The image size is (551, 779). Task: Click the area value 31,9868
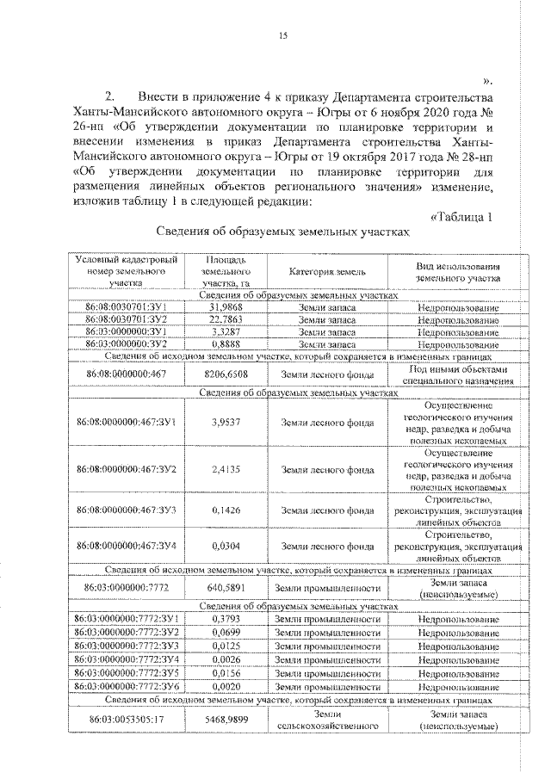(x=224, y=306)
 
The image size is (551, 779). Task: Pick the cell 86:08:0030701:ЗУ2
(x=127, y=318)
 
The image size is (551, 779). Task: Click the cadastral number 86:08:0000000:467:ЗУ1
(x=127, y=422)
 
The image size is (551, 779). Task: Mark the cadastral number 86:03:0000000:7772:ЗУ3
(x=127, y=645)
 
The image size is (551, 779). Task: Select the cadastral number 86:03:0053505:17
(x=127, y=720)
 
